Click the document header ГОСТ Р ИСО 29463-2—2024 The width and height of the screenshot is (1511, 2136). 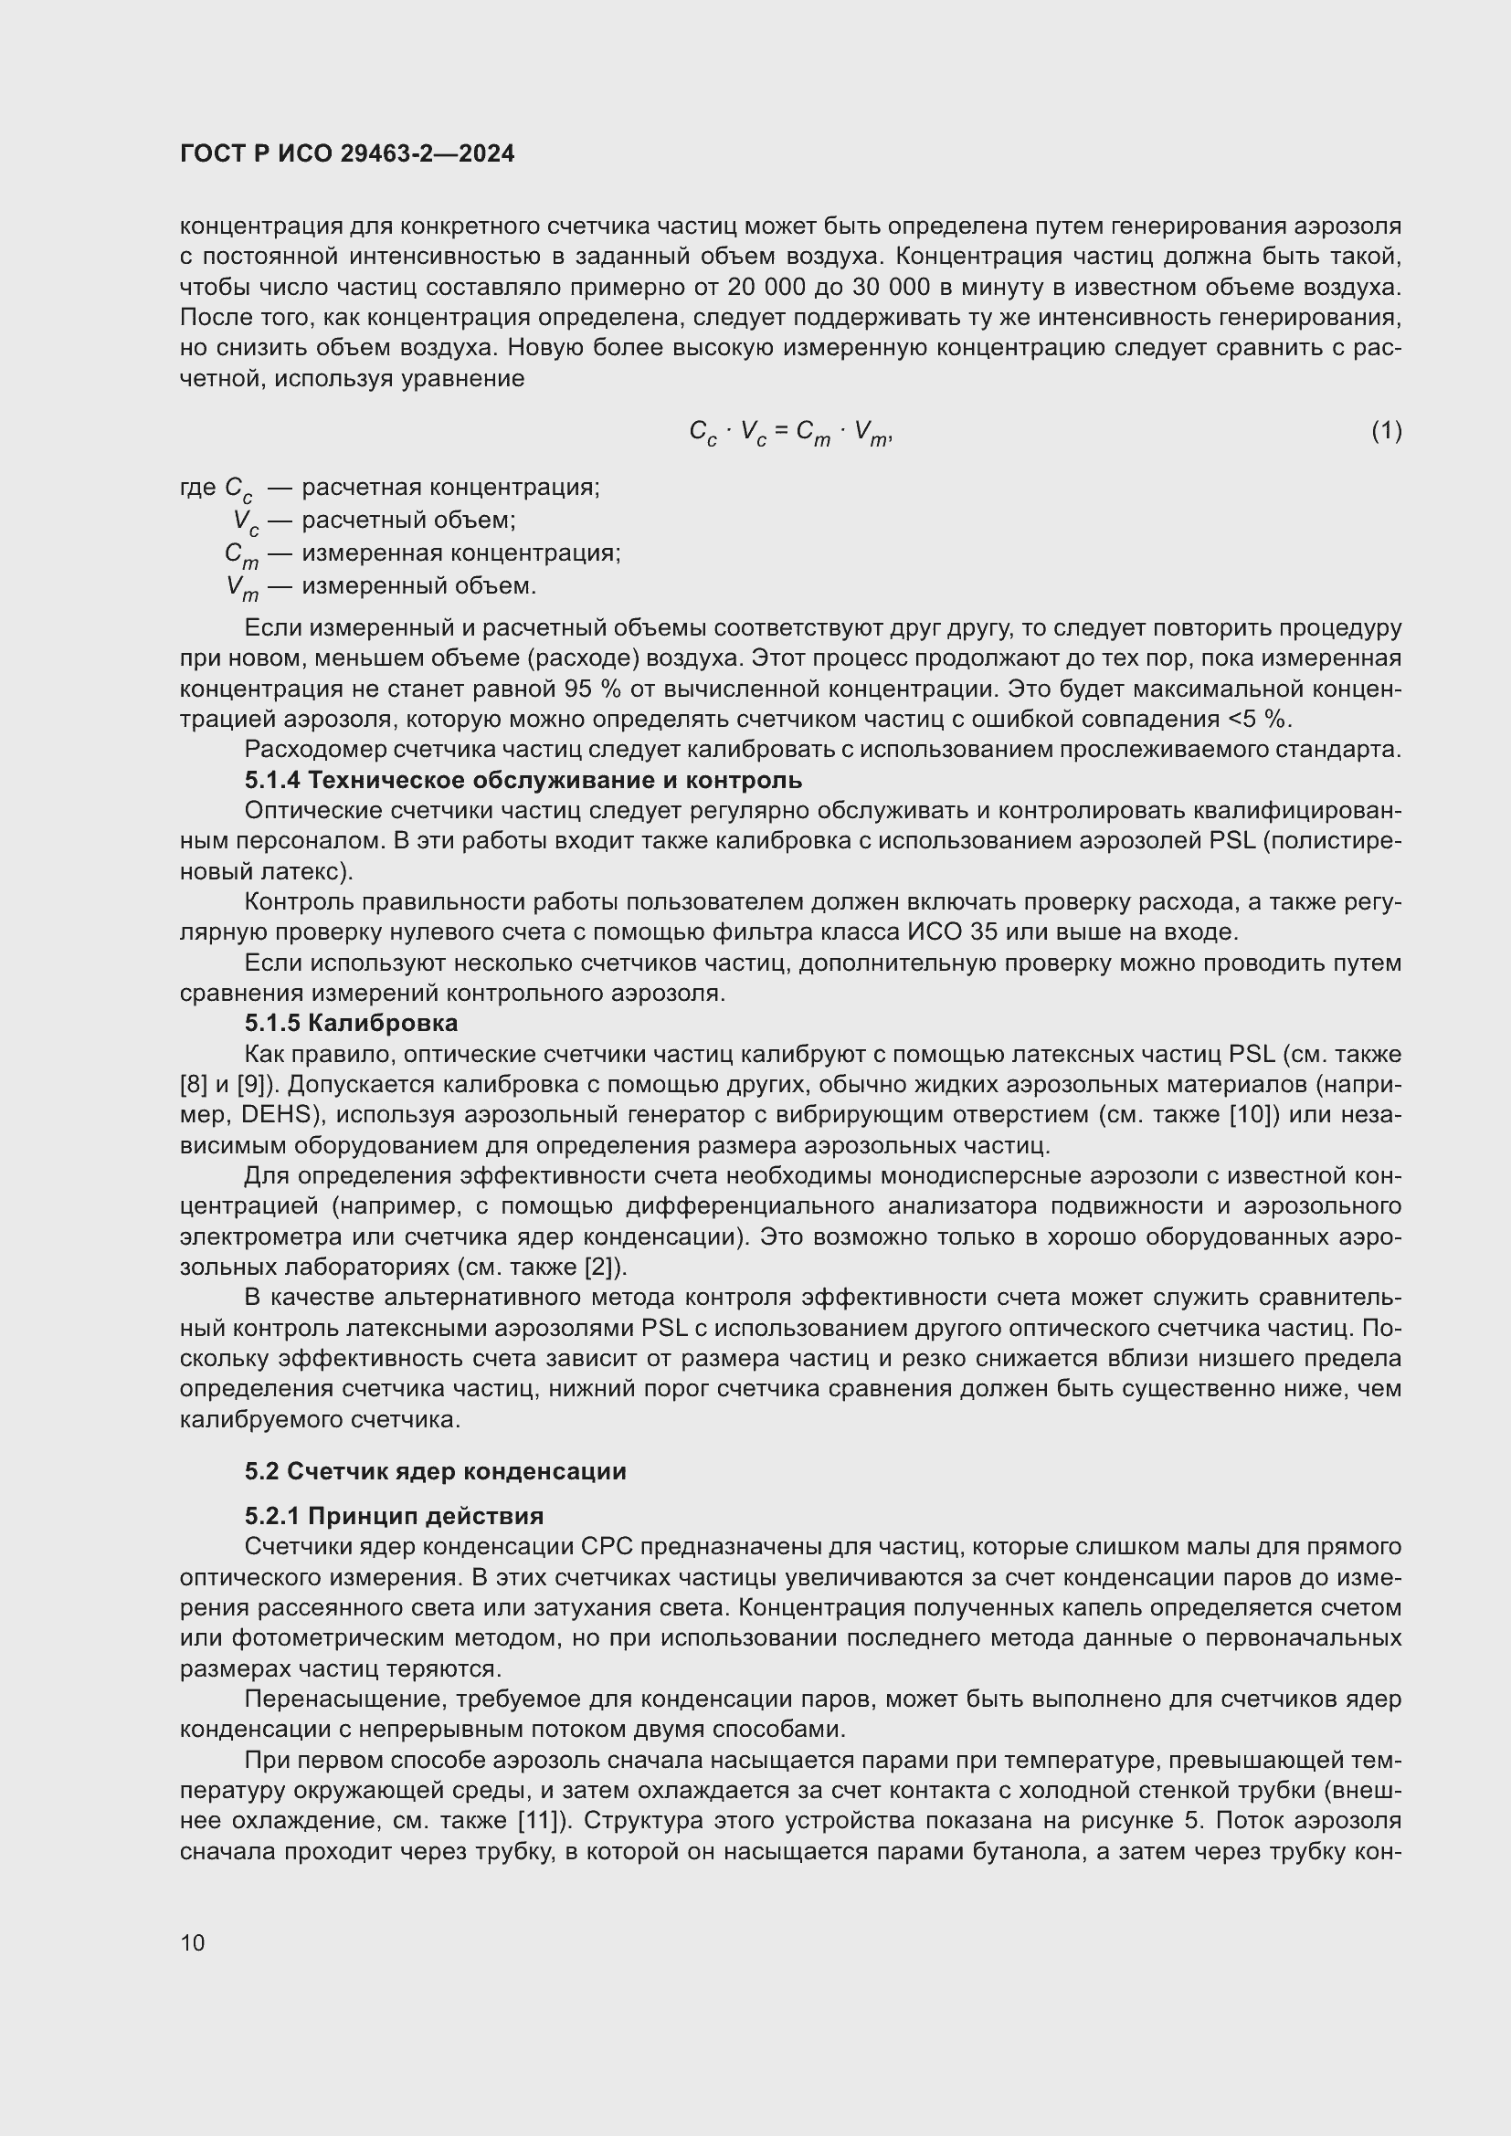(347, 154)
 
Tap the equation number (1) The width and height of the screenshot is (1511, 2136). (1386, 431)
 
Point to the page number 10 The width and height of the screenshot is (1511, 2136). (193, 1942)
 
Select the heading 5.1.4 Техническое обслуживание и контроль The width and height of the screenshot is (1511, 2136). (523, 780)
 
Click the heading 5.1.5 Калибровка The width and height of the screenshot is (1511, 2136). (351, 1024)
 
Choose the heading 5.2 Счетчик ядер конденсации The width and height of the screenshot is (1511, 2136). (436, 1472)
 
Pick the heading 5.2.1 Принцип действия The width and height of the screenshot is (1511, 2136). (394, 1517)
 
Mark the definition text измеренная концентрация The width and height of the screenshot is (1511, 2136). (460, 552)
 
